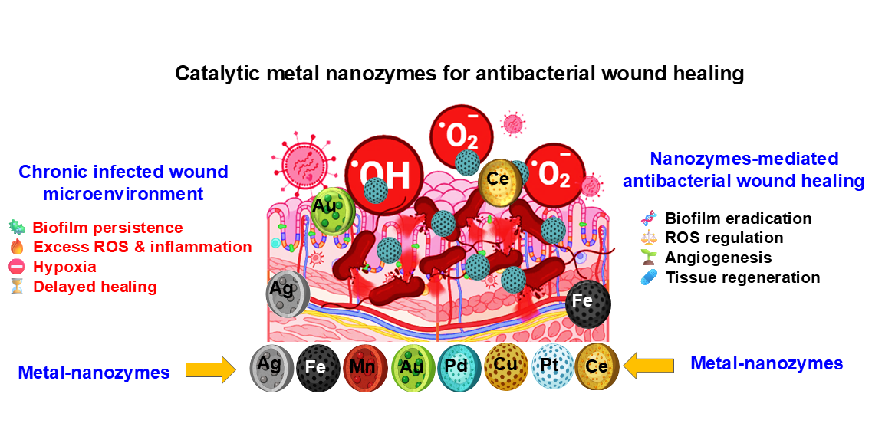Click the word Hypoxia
64,267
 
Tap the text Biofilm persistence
107,228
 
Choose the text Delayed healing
94,287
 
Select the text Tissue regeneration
742,277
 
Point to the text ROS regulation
724,238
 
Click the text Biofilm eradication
738,218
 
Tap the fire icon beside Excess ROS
16,247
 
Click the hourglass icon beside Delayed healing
16,287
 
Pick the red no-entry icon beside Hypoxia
16,267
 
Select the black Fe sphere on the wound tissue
587,305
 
